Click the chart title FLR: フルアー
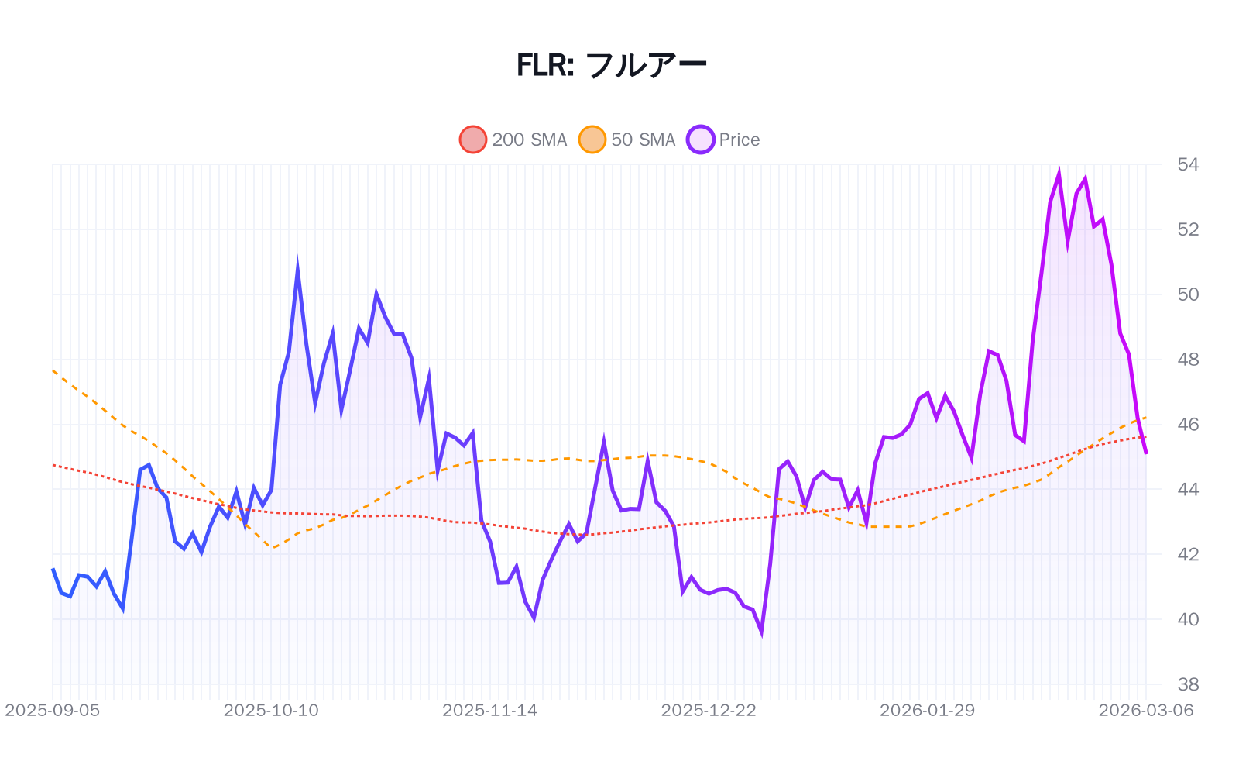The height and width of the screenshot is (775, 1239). coord(612,65)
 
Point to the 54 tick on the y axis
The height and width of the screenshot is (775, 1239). coord(1188,164)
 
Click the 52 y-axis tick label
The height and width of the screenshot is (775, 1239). coord(1188,229)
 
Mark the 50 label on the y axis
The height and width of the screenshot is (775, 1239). coord(1188,294)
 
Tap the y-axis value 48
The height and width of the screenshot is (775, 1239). coord(1188,360)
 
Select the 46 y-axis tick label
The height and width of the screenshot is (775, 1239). coord(1188,425)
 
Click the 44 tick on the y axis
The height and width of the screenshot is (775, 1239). coord(1188,490)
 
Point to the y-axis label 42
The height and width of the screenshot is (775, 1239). coord(1188,554)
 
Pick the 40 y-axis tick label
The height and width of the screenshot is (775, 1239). coord(1188,619)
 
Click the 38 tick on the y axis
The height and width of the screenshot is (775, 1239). coord(1188,684)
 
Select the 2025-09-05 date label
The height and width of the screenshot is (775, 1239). coord(53,711)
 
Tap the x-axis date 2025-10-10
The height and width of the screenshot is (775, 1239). coord(271,711)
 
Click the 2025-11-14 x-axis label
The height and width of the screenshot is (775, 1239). coord(489,711)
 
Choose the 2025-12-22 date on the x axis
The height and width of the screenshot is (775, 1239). coord(709,711)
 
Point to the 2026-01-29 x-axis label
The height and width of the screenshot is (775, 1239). coord(927,711)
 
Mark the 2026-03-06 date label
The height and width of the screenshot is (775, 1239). coord(1146,711)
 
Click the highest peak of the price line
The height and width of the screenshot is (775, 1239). coord(1059,174)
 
